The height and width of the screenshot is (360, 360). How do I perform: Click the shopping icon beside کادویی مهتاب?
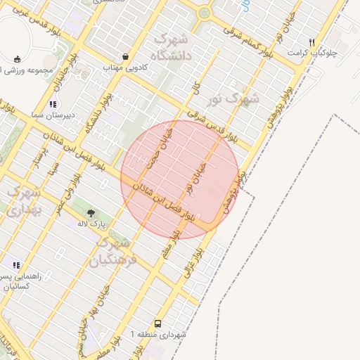tap(125, 56)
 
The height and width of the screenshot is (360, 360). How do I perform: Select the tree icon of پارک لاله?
tap(91, 212)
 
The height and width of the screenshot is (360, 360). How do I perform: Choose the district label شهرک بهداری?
tap(25, 200)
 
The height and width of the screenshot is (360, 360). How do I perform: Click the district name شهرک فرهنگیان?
tap(112, 252)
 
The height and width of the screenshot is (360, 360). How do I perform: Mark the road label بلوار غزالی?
tap(195, 262)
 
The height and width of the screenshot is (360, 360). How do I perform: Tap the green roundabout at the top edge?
tap(205, 12)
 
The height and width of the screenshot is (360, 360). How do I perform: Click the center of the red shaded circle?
tap(180, 179)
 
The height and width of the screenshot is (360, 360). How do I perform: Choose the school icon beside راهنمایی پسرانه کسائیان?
tap(15, 265)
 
